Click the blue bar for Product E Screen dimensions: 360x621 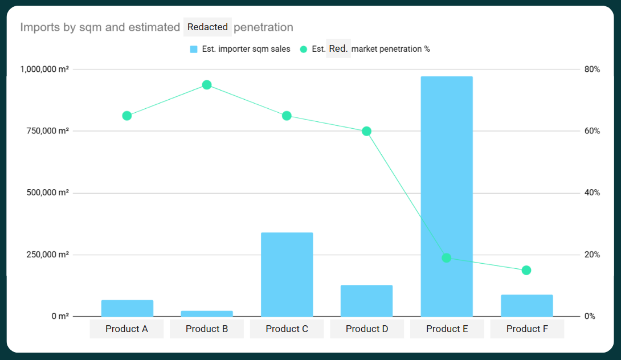pyautogui.click(x=447, y=197)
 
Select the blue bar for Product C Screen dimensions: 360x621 pyautogui.click(x=287, y=275)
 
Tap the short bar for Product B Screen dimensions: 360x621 pyautogui.click(x=207, y=313)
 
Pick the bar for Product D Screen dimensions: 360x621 pyautogui.click(x=367, y=301)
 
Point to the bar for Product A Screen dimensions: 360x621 pyautogui.click(x=127, y=308)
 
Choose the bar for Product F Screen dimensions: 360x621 pyautogui.click(x=527, y=305)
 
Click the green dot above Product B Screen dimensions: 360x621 pyautogui.click(x=207, y=85)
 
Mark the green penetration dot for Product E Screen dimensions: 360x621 pyautogui.click(x=447, y=257)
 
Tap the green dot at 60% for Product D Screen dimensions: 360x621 pyautogui.click(x=367, y=131)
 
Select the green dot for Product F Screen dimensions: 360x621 pyautogui.click(x=526, y=270)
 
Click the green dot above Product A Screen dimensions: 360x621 pyautogui.click(x=127, y=116)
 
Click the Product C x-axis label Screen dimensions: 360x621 pyautogui.click(x=287, y=329)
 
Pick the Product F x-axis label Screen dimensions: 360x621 pyautogui.click(x=527, y=329)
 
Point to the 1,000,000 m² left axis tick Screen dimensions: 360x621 pyautogui.click(x=44, y=69)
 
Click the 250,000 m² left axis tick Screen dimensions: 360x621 pyautogui.click(x=48, y=255)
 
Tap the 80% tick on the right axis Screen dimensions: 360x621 pyautogui.click(x=592, y=69)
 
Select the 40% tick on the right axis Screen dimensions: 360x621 pyautogui.click(x=592, y=193)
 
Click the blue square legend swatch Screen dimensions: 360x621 pyautogui.click(x=194, y=50)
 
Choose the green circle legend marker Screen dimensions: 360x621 pyautogui.click(x=304, y=50)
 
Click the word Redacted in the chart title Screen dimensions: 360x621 pyautogui.click(x=207, y=27)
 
